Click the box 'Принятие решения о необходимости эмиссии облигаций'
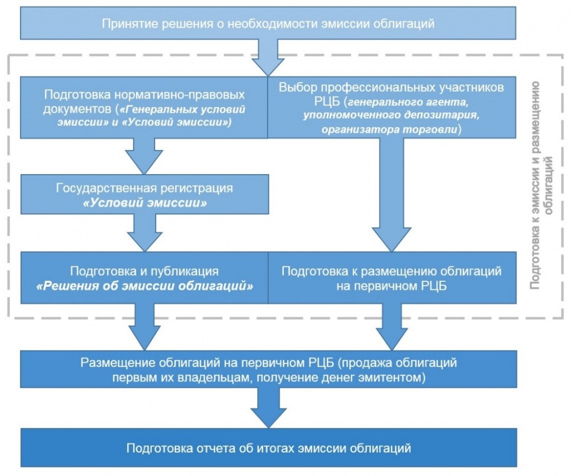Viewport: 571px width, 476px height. click(268, 24)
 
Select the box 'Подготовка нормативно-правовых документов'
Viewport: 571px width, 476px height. click(144, 107)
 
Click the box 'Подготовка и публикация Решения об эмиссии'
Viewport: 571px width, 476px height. click(144, 278)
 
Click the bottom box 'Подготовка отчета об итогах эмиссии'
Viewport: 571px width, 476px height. click(268, 448)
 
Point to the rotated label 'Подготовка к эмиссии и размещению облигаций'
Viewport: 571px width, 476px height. click(541, 184)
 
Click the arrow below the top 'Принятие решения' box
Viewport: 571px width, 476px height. click(268, 59)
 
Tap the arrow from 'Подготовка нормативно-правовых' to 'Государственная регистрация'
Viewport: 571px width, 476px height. click(144, 156)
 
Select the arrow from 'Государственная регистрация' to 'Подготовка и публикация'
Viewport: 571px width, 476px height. click(144, 233)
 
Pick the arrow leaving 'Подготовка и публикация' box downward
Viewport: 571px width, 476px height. click(144, 326)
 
